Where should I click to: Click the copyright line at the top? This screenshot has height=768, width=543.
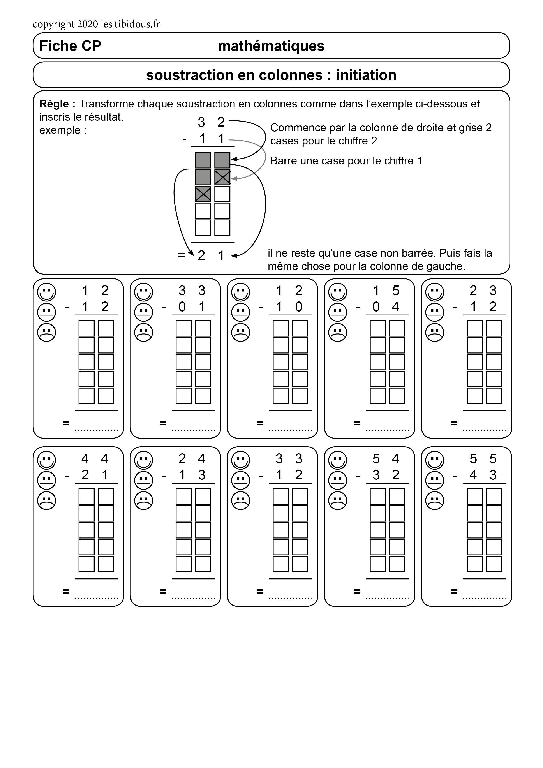[96, 24]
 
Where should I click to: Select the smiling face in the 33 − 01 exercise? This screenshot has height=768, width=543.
[144, 292]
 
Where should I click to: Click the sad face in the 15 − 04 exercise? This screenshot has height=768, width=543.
[338, 333]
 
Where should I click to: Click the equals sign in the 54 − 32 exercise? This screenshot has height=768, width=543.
[357, 591]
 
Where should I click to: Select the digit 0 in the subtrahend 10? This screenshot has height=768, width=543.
[299, 307]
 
